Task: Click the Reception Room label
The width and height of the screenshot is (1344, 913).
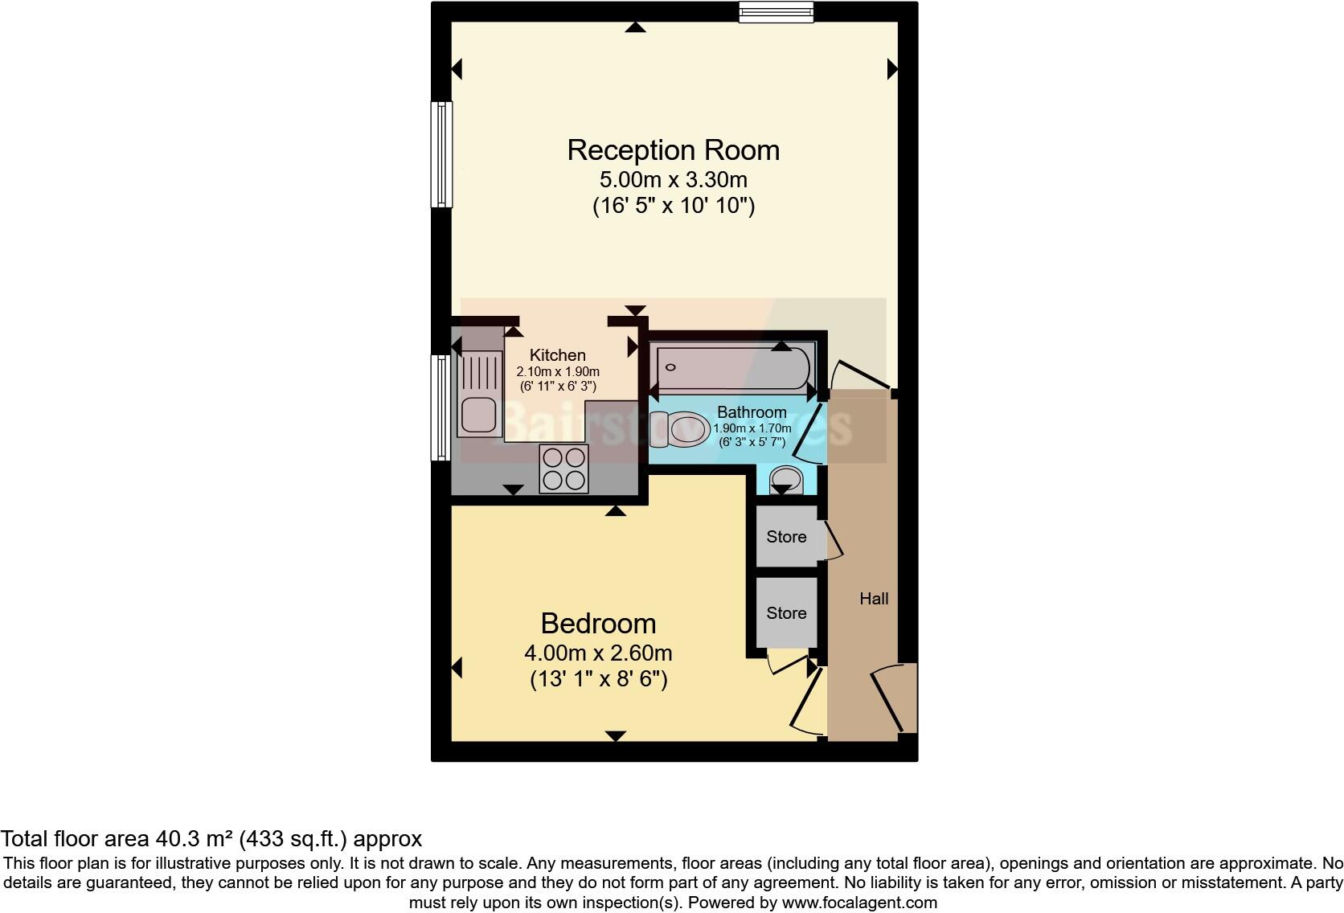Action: pyautogui.click(x=673, y=150)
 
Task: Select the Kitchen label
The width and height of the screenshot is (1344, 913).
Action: pyautogui.click(x=557, y=355)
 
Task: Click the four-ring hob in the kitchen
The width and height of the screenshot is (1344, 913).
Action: pyautogui.click(x=563, y=469)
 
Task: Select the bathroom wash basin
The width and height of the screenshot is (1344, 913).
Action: pyautogui.click(x=785, y=481)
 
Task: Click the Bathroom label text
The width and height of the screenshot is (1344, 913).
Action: pyautogui.click(x=752, y=412)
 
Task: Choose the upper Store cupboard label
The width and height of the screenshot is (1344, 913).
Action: pyautogui.click(x=786, y=537)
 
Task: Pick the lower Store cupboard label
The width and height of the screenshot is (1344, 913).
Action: pyautogui.click(x=786, y=613)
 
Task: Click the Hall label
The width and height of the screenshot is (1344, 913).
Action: pyautogui.click(x=874, y=599)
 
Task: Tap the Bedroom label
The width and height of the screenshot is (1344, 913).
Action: pyautogui.click(x=598, y=624)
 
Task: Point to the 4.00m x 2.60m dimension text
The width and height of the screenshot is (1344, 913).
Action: pyautogui.click(x=598, y=653)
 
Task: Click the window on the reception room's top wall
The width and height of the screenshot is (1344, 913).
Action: pyautogui.click(x=776, y=11)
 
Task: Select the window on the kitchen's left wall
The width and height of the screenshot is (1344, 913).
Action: pyautogui.click(x=441, y=407)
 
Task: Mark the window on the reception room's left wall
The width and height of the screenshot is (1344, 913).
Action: pyautogui.click(x=441, y=154)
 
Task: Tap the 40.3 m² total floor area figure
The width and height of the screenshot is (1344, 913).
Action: pyautogui.click(x=192, y=839)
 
